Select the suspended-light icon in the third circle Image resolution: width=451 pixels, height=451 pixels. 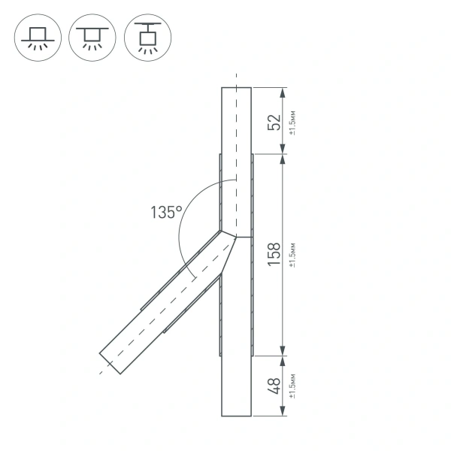tap(147, 37)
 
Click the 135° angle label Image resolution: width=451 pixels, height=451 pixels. tap(166, 213)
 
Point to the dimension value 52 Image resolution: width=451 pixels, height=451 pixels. tap(275, 122)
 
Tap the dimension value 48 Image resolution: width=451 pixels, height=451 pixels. tap(275, 386)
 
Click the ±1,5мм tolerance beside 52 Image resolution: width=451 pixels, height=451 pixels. tap(292, 122)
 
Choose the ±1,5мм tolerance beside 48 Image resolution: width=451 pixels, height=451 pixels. tap(292, 386)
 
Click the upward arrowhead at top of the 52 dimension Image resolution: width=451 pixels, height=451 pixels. tap(283, 92)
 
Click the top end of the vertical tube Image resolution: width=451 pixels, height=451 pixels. tap(236, 88)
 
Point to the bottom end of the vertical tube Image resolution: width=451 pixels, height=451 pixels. tap(236, 415)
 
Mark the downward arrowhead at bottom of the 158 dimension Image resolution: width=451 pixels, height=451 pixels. tap(283, 350)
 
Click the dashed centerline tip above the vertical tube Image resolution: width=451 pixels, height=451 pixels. tap(236, 76)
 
